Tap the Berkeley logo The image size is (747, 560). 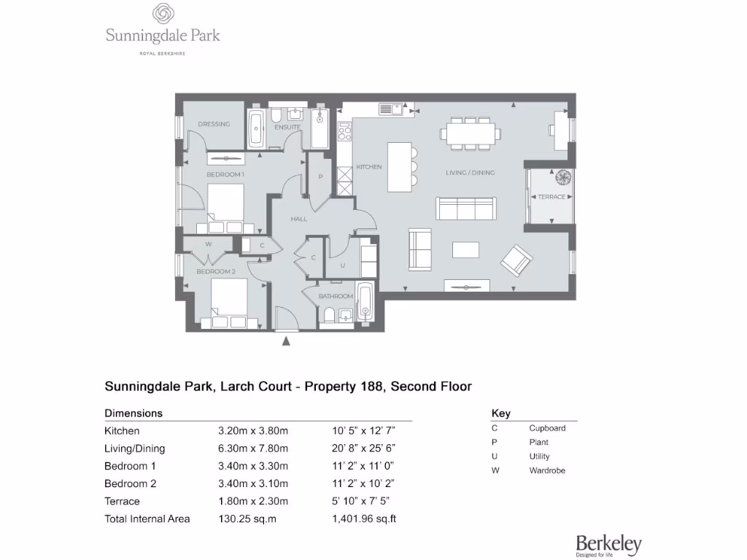pos(608,545)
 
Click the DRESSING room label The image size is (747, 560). pos(214,124)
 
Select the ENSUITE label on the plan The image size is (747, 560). pos(287,128)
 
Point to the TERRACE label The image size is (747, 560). pos(551,197)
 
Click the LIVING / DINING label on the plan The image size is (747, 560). pos(470,173)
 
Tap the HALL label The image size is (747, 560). pos(298,219)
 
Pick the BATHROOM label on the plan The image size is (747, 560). pos(336,296)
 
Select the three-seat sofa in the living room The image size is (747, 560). pos(466,209)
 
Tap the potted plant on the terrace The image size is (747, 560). pos(563,177)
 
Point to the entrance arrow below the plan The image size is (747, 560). pos(287,340)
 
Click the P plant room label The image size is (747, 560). pos(320,177)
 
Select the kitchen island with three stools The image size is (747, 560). pos(400,166)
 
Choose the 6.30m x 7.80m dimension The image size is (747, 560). pos(248,448)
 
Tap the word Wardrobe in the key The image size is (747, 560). pos(547,470)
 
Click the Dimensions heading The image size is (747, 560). pos(133,413)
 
